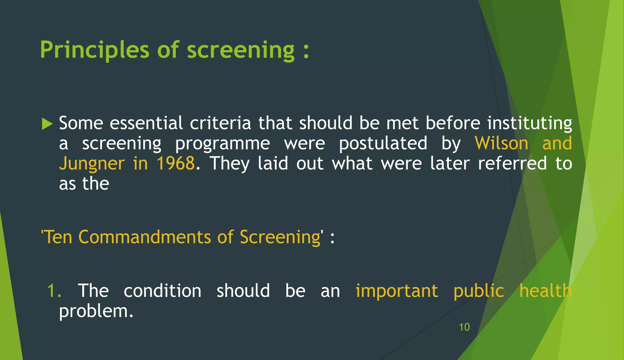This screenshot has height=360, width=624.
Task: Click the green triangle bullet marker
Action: click(47, 124)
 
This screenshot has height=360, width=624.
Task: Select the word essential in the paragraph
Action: click(146, 123)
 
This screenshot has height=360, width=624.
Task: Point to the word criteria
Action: click(220, 123)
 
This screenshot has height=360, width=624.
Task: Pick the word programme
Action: click(222, 144)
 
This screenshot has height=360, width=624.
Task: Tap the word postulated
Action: click(383, 143)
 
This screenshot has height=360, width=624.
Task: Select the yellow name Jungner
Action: click(92, 164)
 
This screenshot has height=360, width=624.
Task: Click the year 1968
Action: click(175, 164)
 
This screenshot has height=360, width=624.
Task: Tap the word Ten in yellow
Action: click(58, 237)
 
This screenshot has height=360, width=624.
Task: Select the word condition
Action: click(162, 291)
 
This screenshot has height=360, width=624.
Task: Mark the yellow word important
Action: click(397, 291)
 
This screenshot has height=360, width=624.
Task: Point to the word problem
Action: click(96, 312)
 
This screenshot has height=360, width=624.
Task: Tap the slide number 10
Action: click(464, 327)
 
